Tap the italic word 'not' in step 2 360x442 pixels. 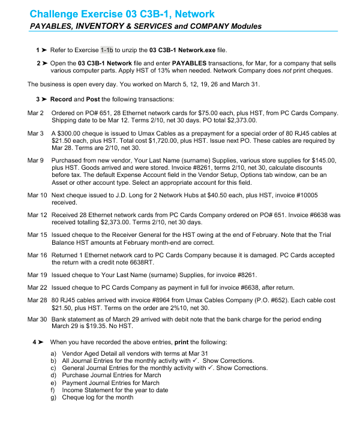click(x=302, y=70)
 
